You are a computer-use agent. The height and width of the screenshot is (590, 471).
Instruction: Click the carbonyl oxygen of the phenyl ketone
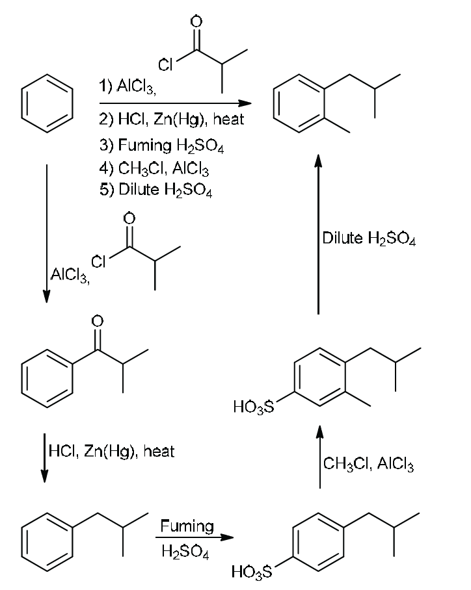(97, 320)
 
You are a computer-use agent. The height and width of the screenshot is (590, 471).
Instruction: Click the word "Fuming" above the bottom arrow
(187, 526)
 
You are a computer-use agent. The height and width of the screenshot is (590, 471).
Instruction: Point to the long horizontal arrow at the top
(175, 103)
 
